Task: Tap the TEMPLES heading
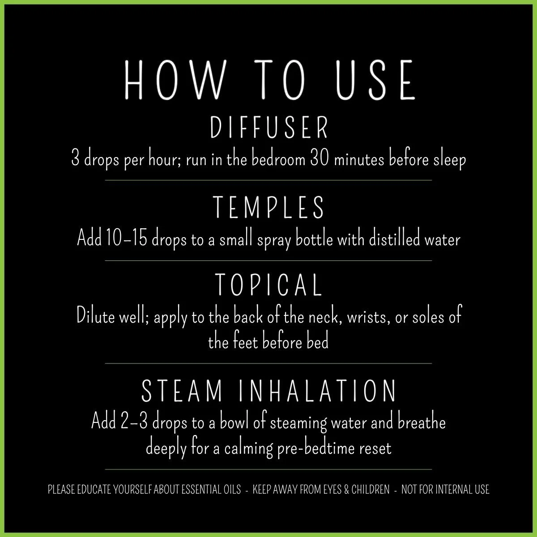point(268,207)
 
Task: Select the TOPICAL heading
point(268,285)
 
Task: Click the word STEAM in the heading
point(182,391)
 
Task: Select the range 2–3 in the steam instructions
point(134,422)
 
